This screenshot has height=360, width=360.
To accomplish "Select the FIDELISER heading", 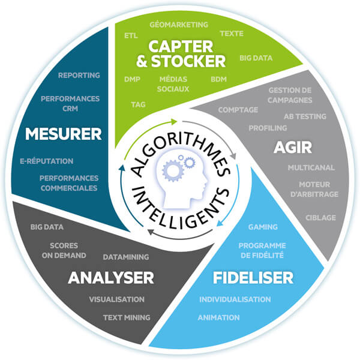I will click(253, 278).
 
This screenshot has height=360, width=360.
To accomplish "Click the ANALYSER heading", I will click(111, 278).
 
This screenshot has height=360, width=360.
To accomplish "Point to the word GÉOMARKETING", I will click(179, 25).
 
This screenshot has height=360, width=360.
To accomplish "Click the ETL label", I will click(130, 35).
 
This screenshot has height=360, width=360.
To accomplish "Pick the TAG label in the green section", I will click(138, 104).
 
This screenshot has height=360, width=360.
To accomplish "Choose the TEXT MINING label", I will click(127, 317).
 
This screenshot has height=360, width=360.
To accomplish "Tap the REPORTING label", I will click(79, 76).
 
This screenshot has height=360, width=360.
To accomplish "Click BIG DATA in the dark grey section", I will click(47, 227).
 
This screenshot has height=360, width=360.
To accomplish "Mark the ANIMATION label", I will click(218, 317).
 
